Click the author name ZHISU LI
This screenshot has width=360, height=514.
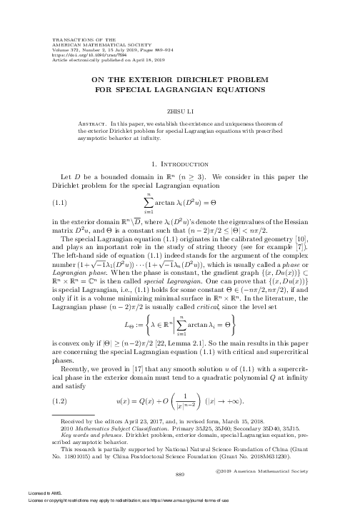pos(180,111)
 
